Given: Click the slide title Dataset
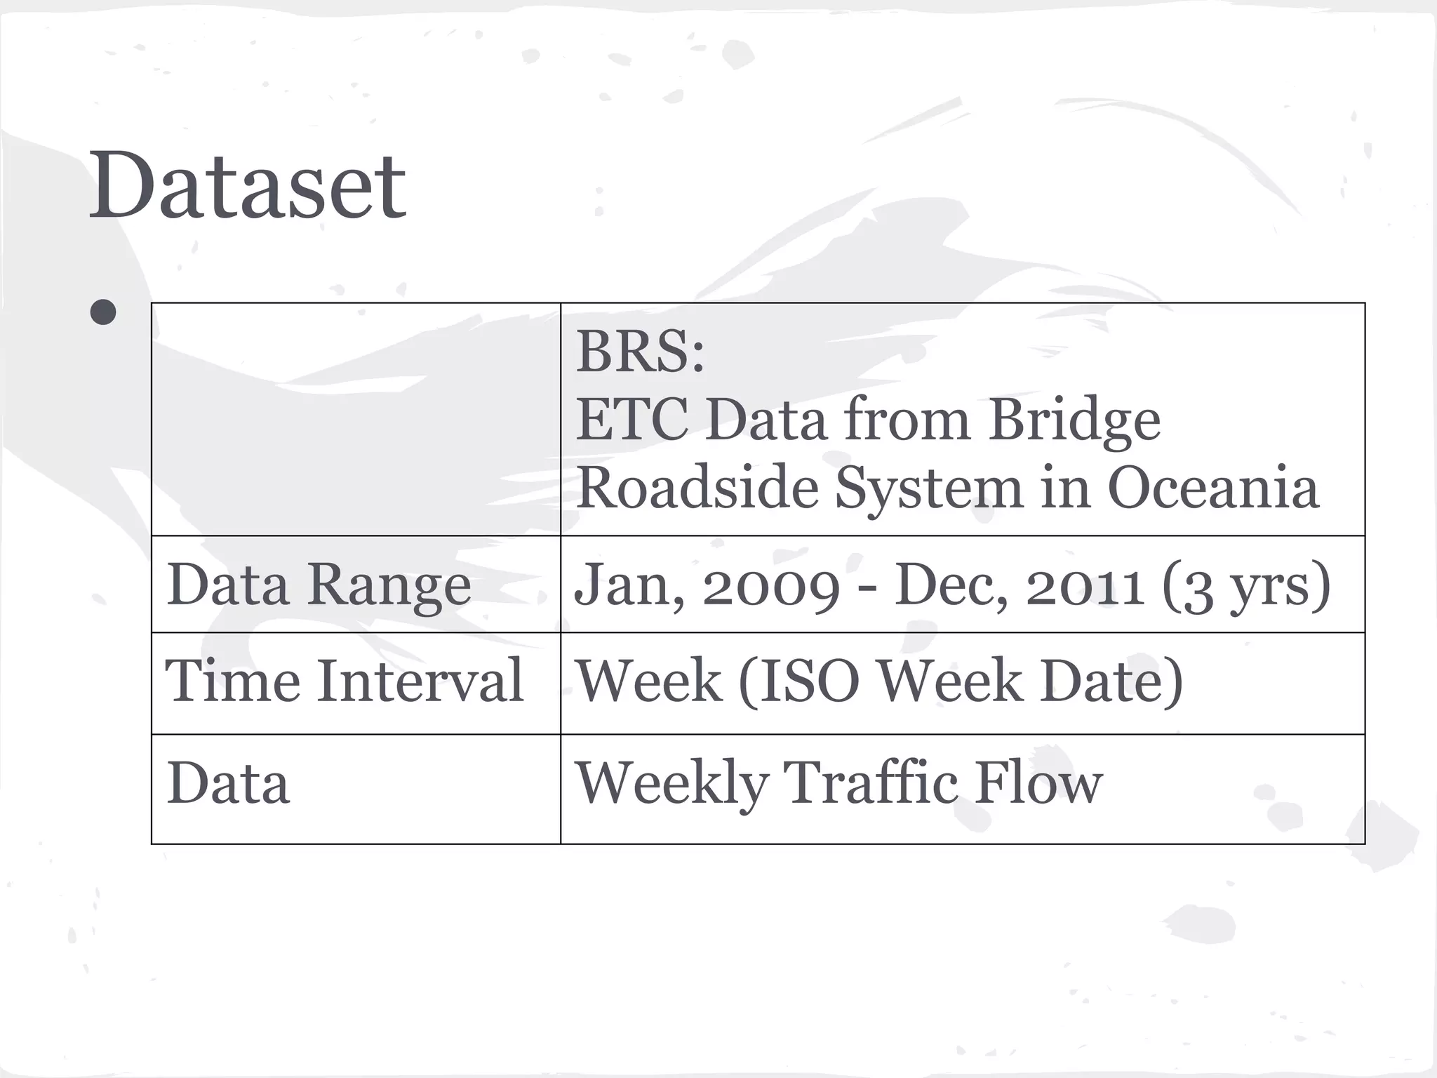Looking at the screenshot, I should click(x=247, y=185).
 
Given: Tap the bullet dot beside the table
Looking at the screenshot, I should click(x=103, y=312).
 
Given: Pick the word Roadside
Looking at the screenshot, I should click(x=697, y=487).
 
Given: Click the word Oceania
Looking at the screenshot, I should click(x=1213, y=487).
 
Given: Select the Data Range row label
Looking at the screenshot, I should click(x=319, y=585).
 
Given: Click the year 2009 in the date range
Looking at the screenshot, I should click(x=771, y=585).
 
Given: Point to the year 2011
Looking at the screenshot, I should click(x=1085, y=585).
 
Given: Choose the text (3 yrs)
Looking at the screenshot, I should click(x=1246, y=587).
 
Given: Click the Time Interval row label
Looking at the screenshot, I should click(x=345, y=680).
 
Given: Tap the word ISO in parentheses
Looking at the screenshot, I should click(x=799, y=681).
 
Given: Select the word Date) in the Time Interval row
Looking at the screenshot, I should click(x=1111, y=681).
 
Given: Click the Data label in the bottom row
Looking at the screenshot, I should click(x=228, y=783).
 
